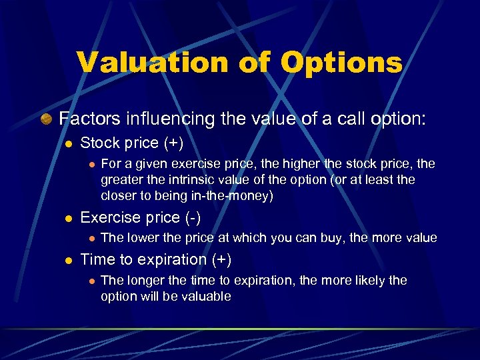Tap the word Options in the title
point(341,63)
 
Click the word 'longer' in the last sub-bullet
point(143,281)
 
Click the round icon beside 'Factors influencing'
point(46,119)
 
